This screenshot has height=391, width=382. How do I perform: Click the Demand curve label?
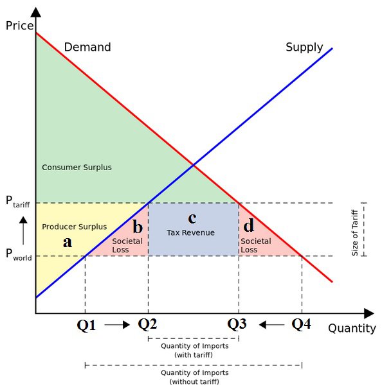pyautogui.click(x=87, y=47)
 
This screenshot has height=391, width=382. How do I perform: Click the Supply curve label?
pyautogui.click(x=304, y=48)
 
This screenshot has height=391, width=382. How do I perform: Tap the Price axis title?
pyautogui.click(x=19, y=26)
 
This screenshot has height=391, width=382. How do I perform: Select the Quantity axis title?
pyautogui.click(x=352, y=329)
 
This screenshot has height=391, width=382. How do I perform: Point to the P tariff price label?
pyautogui.click(x=18, y=201)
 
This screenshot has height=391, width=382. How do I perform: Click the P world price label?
pyautogui.click(x=19, y=254)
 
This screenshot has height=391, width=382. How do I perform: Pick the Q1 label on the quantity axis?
pyautogui.click(x=86, y=325)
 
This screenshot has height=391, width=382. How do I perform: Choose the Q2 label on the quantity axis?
pyautogui.click(x=147, y=324)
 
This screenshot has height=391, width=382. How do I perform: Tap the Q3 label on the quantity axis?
pyautogui.click(x=237, y=324)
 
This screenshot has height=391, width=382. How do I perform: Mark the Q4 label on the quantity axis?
pyautogui.click(x=302, y=324)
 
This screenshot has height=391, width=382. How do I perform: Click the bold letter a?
pyautogui.click(x=68, y=242)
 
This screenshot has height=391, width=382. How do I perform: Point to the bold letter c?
pyautogui.click(x=192, y=218)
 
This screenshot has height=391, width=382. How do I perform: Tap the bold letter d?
pyautogui.click(x=249, y=225)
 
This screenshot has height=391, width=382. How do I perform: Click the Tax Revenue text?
pyautogui.click(x=190, y=232)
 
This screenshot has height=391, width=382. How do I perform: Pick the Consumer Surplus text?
pyautogui.click(x=77, y=168)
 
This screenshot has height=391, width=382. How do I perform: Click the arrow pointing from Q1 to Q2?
pyautogui.click(x=117, y=325)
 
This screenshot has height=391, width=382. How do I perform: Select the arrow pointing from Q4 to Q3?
pyautogui.click(x=272, y=325)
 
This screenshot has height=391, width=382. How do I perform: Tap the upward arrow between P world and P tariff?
pyautogui.click(x=23, y=230)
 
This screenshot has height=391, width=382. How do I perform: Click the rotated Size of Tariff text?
pyautogui.click(x=355, y=233)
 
